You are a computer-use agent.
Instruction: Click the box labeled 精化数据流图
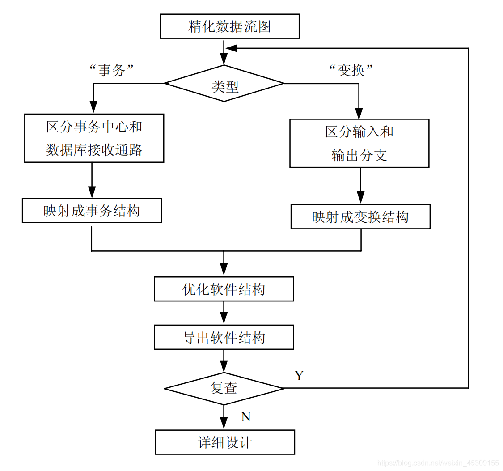[229, 27]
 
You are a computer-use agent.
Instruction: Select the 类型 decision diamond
[224, 84]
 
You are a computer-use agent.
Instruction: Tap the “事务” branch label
[112, 69]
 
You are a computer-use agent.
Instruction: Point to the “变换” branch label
[351, 70]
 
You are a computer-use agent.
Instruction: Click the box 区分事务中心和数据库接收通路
[94, 138]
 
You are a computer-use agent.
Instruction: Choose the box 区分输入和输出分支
[359, 143]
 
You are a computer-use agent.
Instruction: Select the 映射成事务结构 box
[92, 211]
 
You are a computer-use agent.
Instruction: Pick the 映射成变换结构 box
[360, 217]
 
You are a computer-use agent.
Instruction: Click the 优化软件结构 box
[224, 289]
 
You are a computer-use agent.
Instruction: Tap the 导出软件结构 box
[224, 337]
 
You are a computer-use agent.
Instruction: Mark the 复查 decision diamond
[224, 388]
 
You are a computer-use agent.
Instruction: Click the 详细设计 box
[225, 442]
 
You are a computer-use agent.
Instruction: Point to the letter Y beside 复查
[299, 376]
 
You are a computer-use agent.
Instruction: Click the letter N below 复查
[246, 417]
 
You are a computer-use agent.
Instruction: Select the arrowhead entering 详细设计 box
[224, 424]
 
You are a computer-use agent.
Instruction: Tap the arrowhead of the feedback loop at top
[231, 48]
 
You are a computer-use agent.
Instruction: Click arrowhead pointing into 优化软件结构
[224, 270]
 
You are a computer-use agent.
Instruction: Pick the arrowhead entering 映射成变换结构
[360, 198]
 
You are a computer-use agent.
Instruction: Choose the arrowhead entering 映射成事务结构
[92, 192]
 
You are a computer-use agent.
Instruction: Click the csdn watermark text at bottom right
[438, 463]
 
